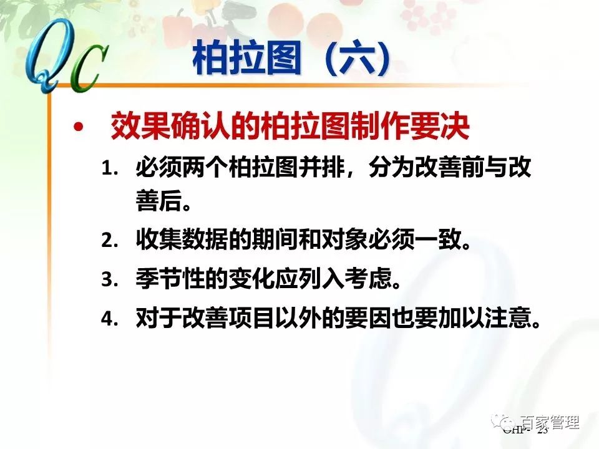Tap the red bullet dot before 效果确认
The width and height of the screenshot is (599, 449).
pyautogui.click(x=78, y=128)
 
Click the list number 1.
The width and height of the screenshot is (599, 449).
pyautogui.click(x=110, y=169)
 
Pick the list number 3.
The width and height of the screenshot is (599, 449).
pyautogui.click(x=110, y=280)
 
